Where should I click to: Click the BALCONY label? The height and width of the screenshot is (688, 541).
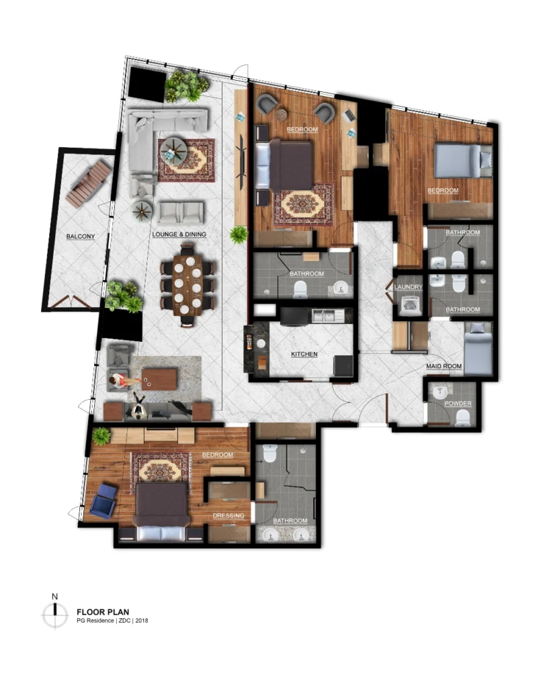pos(80,236)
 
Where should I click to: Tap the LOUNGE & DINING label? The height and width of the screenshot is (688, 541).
pos(179,234)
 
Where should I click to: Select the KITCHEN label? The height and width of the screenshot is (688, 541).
pos(304,354)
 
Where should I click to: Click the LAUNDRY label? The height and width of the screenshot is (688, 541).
pos(408,288)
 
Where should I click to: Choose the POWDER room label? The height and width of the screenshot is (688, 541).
pos(458,403)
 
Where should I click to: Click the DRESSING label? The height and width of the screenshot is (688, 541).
pos(228,516)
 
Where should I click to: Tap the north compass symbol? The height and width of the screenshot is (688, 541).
pos(56,613)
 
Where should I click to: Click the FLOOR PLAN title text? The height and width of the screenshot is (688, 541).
pos(103,611)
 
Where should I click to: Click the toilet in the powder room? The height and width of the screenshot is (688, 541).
pos(462,417)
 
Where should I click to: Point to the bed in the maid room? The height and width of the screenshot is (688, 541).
pos(478,349)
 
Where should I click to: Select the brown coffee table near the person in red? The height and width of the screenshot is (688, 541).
pos(159,379)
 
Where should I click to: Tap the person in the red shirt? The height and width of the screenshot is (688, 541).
pos(120,381)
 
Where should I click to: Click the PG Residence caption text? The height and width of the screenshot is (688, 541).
pos(112,621)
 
